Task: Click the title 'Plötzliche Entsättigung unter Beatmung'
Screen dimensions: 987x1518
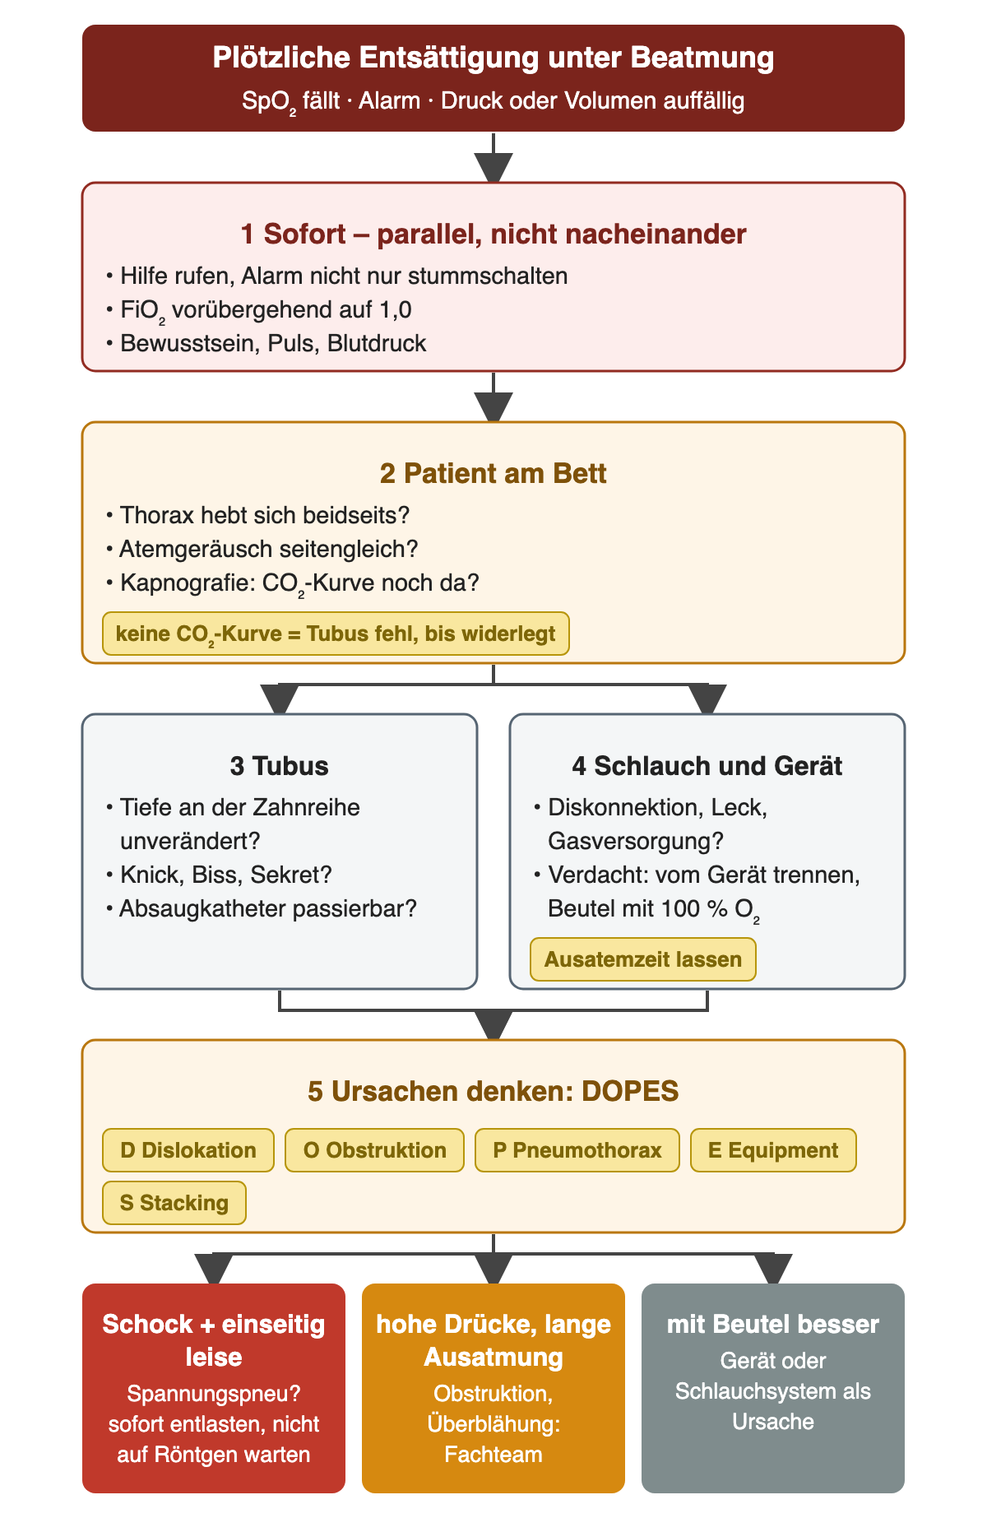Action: (493, 58)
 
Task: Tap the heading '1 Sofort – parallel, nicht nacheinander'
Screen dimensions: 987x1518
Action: (493, 234)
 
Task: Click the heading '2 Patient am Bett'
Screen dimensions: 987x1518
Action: (493, 474)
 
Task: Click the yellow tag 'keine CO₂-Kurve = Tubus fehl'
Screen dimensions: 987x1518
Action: (336, 634)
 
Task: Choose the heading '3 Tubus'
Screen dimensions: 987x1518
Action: (280, 766)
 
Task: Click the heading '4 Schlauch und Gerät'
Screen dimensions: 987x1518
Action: (707, 766)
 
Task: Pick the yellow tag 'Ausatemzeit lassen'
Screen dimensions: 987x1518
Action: (643, 959)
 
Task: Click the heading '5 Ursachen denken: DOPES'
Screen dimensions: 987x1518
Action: (493, 1092)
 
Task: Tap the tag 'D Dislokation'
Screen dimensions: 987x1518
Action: (188, 1150)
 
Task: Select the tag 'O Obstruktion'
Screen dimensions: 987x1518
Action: (375, 1150)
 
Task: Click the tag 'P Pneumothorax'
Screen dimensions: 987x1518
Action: (577, 1150)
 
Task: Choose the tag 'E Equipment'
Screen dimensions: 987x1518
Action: (773, 1150)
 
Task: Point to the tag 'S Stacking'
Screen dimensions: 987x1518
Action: (174, 1203)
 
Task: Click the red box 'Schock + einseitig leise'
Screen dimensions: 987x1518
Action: (214, 1388)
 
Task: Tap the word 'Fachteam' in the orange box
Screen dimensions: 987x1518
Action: (493, 1455)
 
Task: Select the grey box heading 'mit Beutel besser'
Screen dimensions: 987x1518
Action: (773, 1324)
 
